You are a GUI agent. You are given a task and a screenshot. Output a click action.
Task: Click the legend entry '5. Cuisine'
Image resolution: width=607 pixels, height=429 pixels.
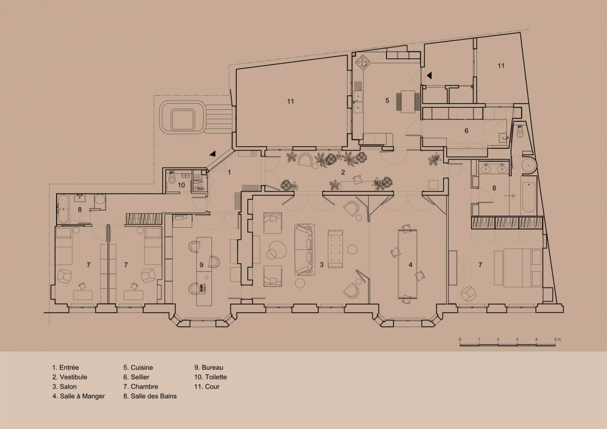tap(138, 367)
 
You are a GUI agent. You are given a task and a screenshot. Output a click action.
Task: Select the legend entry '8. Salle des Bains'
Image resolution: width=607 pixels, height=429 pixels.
tap(150, 396)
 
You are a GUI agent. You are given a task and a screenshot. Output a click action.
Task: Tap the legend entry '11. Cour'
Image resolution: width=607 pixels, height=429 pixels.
tap(207, 387)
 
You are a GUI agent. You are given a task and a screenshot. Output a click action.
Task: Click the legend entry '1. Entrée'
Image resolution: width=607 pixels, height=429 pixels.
tap(66, 367)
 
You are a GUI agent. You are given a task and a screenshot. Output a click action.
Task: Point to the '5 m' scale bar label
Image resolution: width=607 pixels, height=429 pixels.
tap(557, 339)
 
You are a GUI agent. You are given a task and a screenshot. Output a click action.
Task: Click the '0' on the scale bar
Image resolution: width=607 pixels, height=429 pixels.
tap(460, 339)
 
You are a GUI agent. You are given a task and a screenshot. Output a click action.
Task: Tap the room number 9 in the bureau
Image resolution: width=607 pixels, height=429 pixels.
tap(201, 265)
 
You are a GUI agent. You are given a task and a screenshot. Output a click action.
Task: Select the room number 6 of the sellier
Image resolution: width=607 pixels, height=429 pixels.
tap(466, 131)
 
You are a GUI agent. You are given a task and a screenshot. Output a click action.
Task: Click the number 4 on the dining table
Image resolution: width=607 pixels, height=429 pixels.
tap(410, 265)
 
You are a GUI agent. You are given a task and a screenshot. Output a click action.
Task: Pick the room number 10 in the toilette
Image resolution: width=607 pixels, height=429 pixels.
tap(181, 185)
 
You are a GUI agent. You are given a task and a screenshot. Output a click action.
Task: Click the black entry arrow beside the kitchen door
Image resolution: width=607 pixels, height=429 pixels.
tap(429, 75)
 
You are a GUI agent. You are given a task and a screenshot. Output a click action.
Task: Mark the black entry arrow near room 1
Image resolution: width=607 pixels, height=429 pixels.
tap(212, 154)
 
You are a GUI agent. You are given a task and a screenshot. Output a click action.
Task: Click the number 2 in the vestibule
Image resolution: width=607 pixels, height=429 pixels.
tap(343, 172)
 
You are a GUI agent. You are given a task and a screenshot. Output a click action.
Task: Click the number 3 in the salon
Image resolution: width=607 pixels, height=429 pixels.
tap(322, 265)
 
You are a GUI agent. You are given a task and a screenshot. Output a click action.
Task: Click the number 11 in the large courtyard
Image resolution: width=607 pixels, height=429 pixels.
tap(290, 101)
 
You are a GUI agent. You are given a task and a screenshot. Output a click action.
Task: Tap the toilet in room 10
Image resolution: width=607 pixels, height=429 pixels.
tap(171, 178)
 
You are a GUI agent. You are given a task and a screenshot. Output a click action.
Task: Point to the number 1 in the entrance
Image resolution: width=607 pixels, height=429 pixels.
tap(229, 172)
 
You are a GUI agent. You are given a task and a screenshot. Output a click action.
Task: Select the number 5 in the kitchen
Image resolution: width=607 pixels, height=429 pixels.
tap(387, 101)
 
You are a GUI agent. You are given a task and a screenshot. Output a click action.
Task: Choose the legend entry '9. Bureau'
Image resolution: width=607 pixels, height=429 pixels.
tap(208, 367)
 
